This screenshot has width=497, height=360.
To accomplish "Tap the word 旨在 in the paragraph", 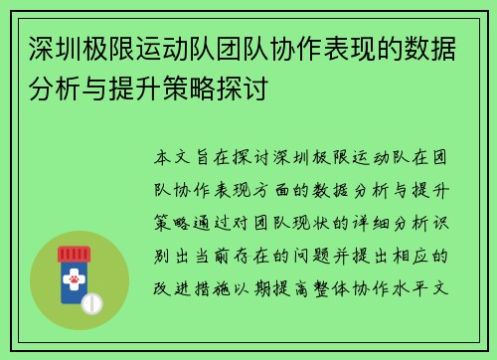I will [x=211, y=157].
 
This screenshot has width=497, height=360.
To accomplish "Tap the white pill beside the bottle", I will [x=91, y=302].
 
